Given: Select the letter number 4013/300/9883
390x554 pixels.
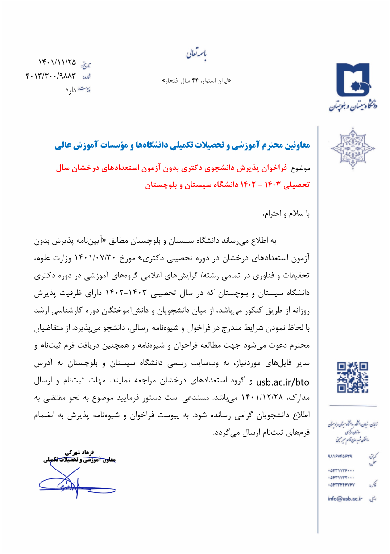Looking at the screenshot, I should point(51,76).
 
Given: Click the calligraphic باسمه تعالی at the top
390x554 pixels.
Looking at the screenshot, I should point(196,54).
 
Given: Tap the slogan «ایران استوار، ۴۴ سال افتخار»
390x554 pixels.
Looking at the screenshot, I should point(197,81).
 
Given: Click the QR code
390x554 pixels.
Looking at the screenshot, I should point(353,377).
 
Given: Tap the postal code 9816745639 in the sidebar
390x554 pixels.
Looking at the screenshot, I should point(340,456).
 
